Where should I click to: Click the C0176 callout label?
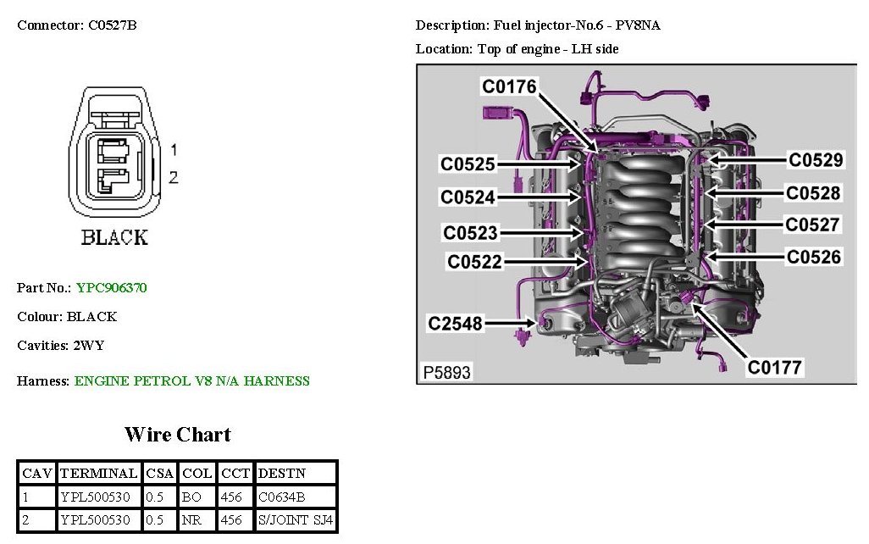click(509, 86)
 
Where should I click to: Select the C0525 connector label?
click(468, 164)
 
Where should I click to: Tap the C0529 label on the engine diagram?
click(815, 160)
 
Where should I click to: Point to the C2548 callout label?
click(455, 323)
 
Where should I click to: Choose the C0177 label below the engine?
click(774, 367)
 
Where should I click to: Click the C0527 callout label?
click(812, 225)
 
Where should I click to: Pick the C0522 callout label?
click(474, 262)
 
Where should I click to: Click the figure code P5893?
click(446, 372)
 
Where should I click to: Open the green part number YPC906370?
click(111, 288)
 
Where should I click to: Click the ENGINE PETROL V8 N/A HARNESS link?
click(192, 381)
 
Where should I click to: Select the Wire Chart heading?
click(178, 435)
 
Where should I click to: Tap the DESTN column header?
click(282, 473)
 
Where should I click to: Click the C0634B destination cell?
click(282, 497)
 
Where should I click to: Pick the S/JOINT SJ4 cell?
click(296, 519)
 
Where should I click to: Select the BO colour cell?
click(191, 497)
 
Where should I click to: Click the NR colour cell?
click(191, 519)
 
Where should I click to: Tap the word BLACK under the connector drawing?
click(114, 238)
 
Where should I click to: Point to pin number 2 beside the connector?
click(174, 177)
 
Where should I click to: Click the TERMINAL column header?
click(98, 473)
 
